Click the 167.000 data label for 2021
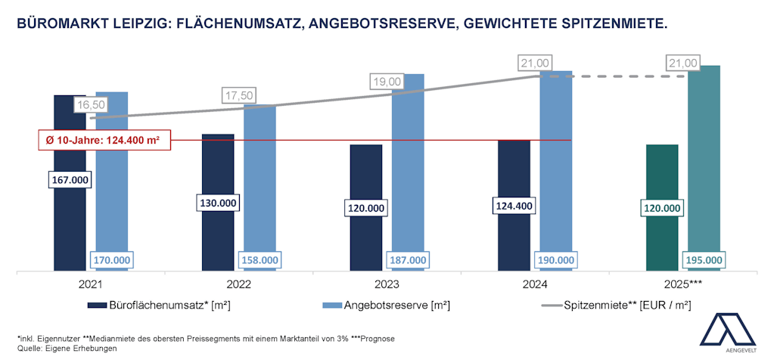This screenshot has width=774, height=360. [x=70, y=180]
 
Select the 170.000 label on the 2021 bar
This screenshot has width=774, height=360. [x=111, y=260]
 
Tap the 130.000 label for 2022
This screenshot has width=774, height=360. [x=218, y=203]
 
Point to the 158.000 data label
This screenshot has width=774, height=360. [x=259, y=260]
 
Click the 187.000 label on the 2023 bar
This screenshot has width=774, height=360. [x=407, y=260]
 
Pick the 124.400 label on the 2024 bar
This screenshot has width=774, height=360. [x=514, y=203]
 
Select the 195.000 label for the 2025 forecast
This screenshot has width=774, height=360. [x=703, y=260]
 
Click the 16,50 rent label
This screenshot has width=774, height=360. [x=90, y=104]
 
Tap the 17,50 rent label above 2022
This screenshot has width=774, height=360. [x=238, y=95]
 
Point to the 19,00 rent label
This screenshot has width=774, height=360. [x=387, y=81]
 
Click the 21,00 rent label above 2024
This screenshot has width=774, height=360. [x=535, y=63]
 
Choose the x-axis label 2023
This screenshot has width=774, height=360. [x=387, y=286]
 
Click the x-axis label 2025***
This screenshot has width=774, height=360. [x=683, y=286]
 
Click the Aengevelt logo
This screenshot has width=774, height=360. [x=728, y=333]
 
